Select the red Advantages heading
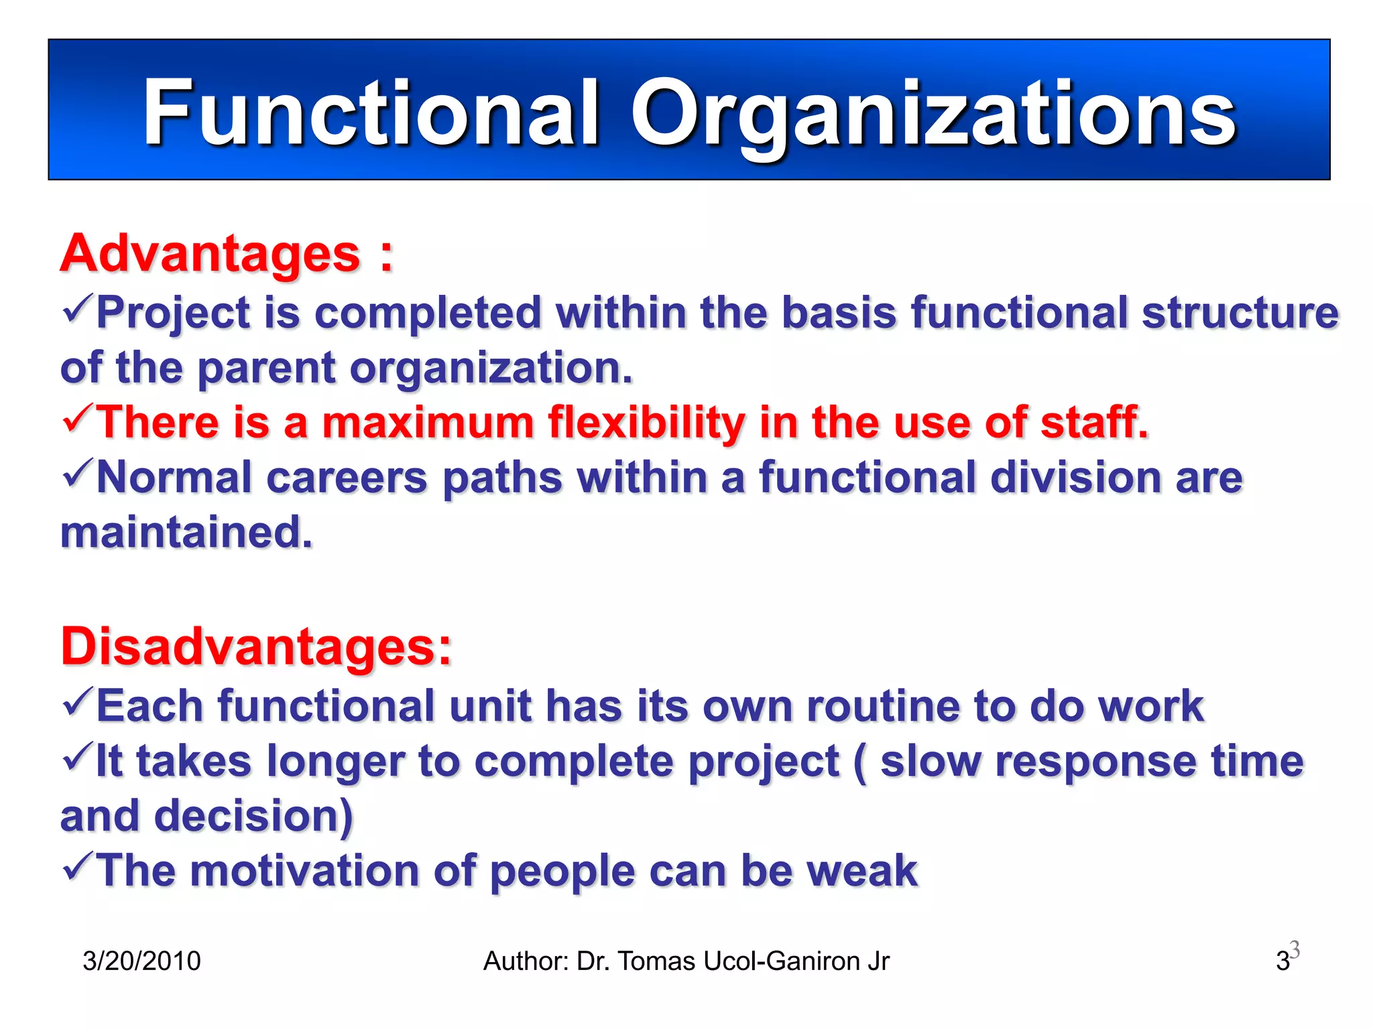coord(211,255)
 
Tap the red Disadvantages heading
coord(256,647)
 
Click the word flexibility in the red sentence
coord(646,423)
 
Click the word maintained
coord(186,533)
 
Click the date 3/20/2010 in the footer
coord(141,961)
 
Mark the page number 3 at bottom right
coord(1282,961)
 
